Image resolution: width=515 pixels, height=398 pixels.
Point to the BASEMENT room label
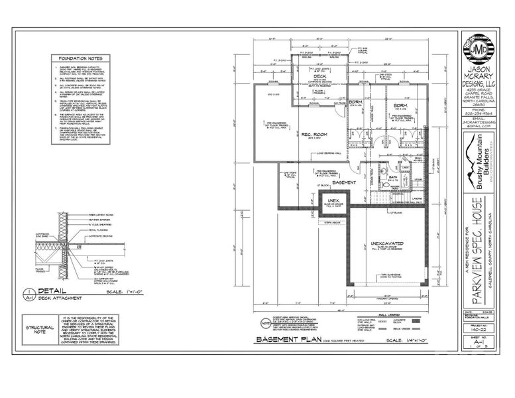[x=345, y=182]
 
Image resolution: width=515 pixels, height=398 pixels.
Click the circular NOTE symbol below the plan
[x=265, y=324]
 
